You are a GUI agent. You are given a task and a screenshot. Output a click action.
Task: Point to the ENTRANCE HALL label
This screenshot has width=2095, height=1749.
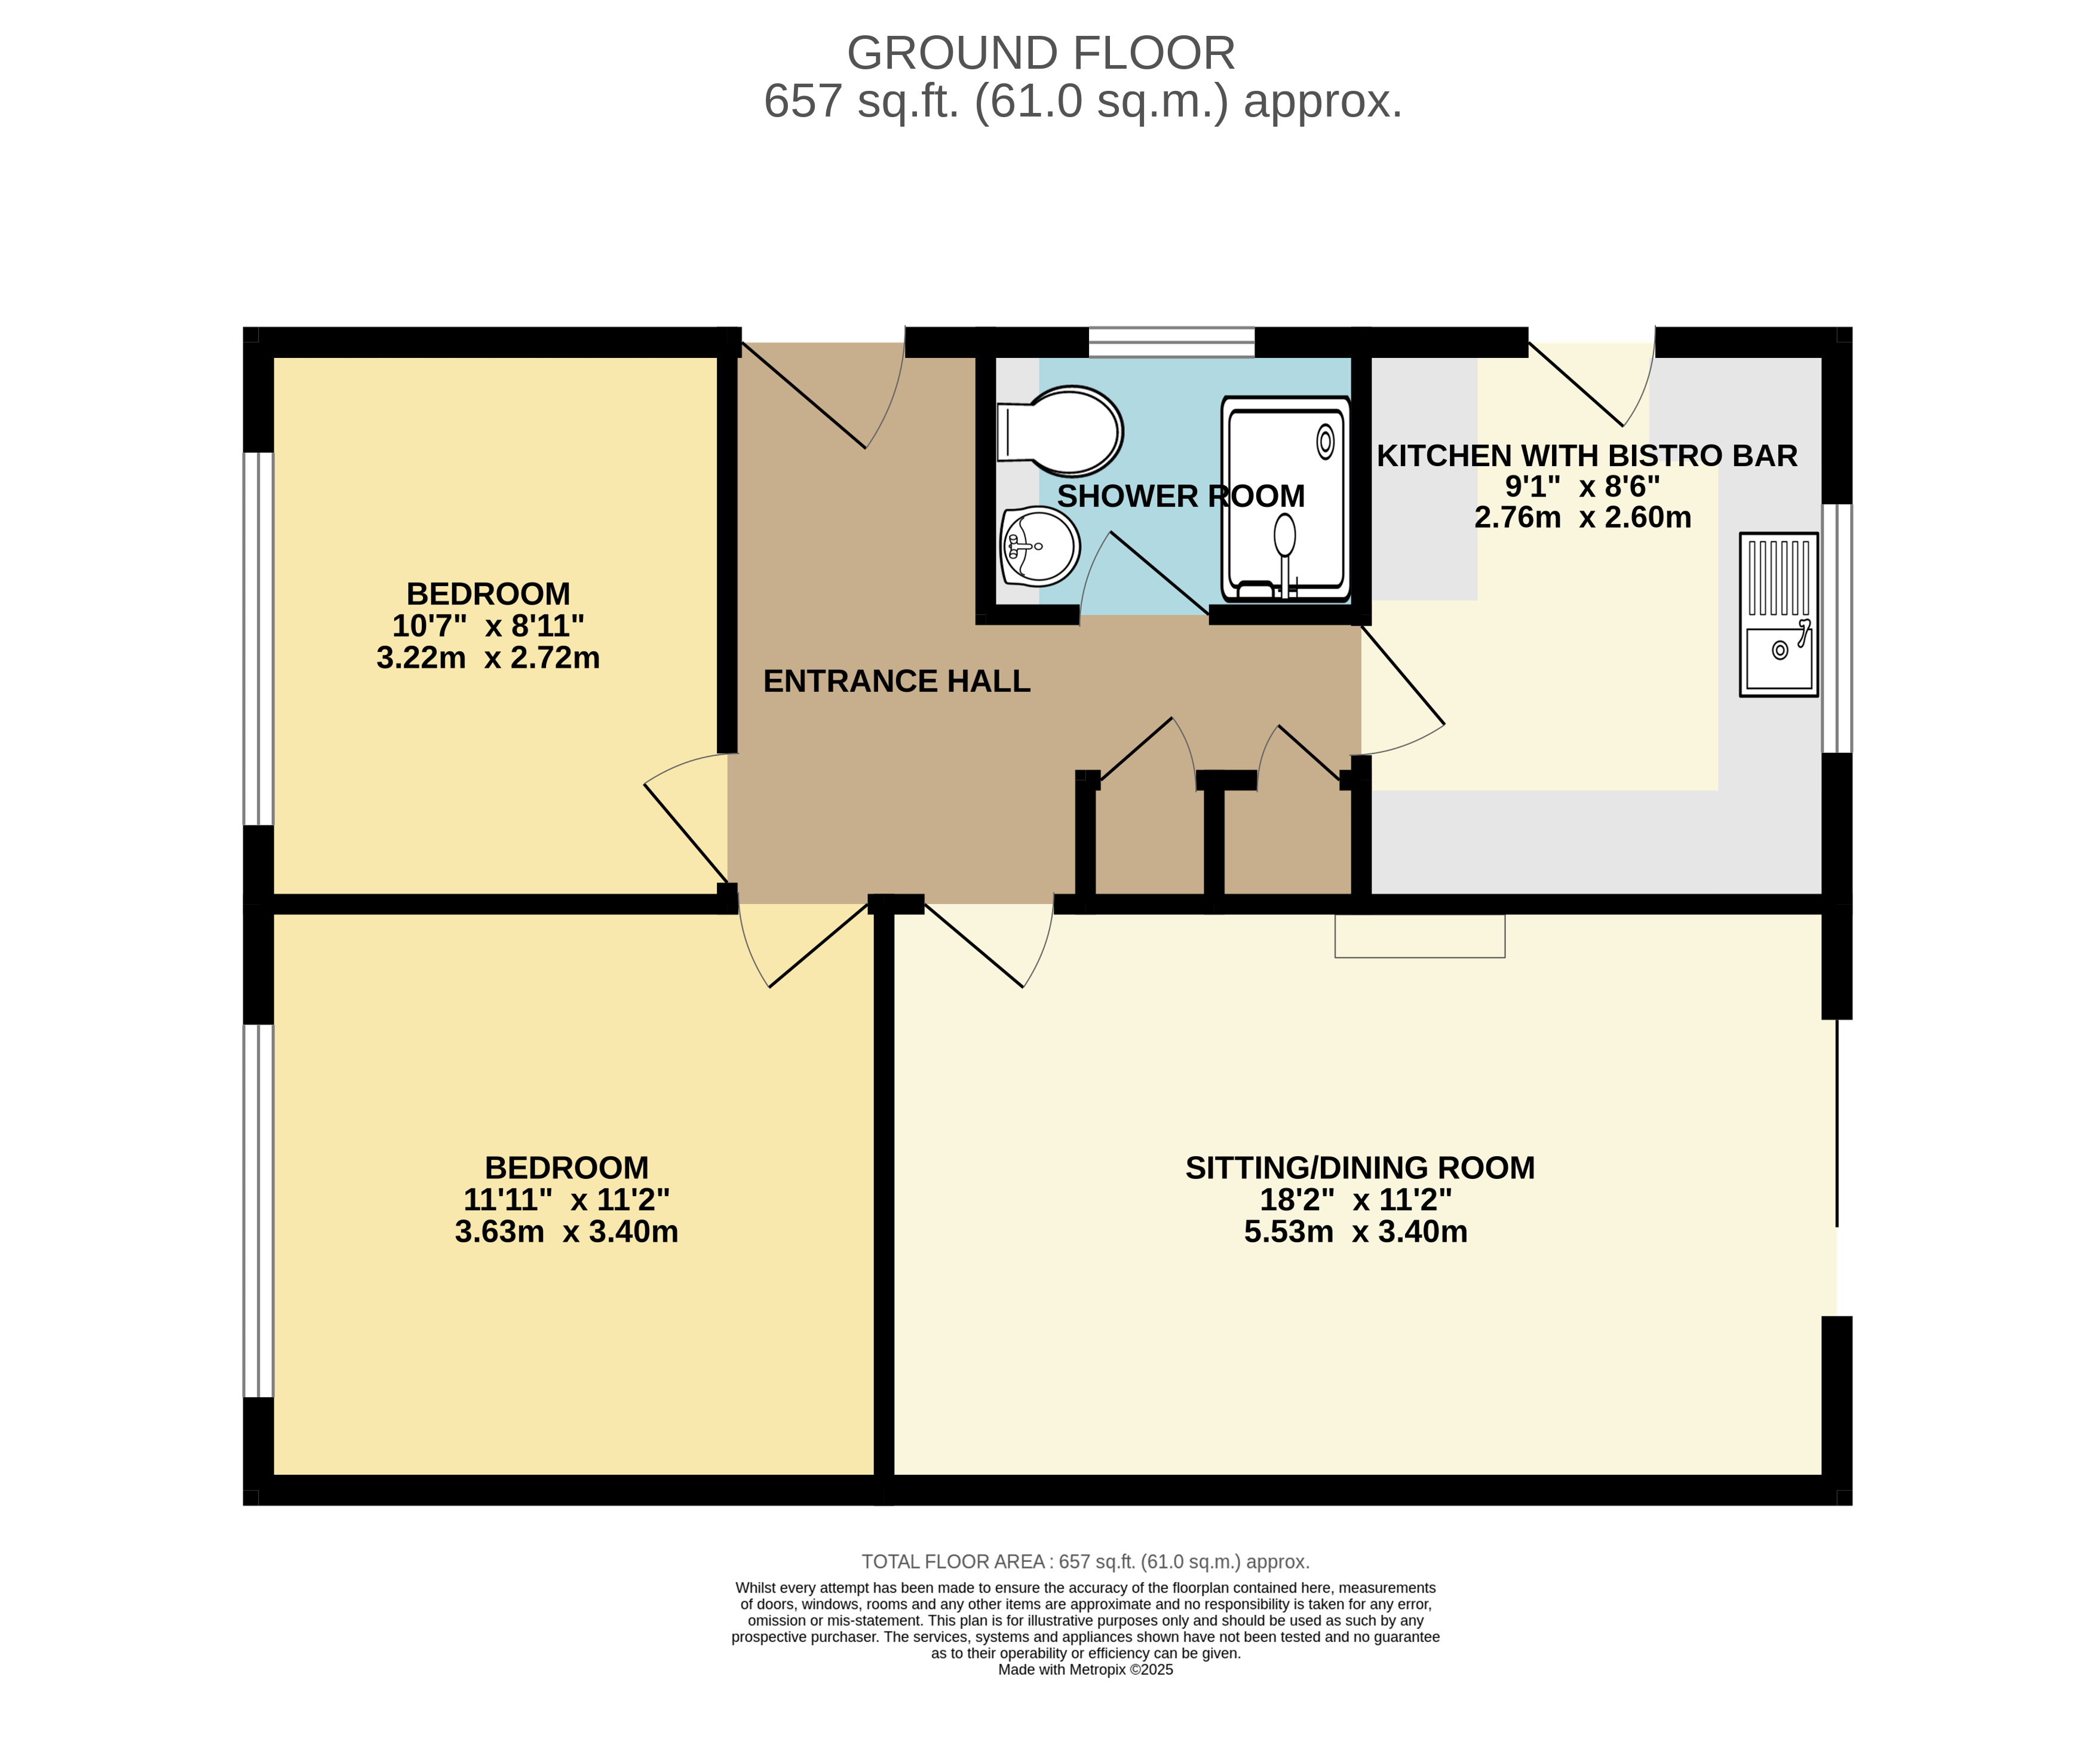(897, 681)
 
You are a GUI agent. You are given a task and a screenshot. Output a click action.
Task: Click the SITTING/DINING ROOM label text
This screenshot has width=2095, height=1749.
(1360, 1168)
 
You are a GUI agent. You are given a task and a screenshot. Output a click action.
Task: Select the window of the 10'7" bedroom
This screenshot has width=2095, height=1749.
(259, 639)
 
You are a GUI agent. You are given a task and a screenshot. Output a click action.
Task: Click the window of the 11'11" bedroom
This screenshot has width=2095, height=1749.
(259, 1210)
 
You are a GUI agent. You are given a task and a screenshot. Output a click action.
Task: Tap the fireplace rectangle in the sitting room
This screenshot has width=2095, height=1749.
(1419, 936)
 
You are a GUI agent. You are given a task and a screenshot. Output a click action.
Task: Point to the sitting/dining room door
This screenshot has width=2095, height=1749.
(987, 943)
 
